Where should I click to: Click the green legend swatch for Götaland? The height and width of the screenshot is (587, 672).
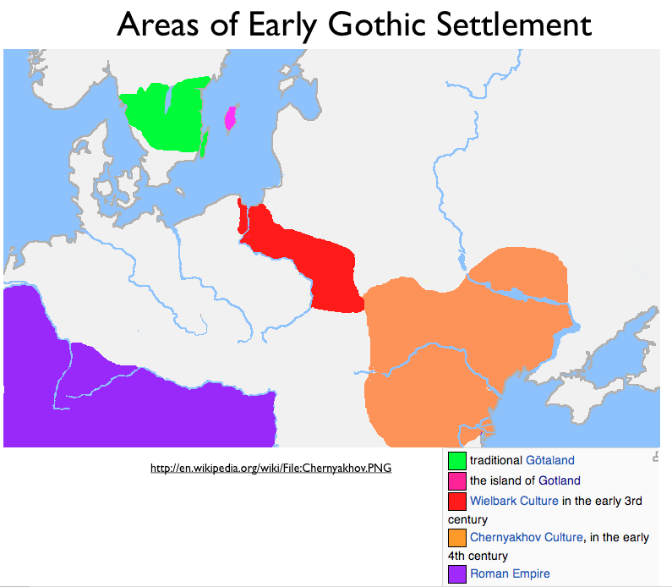click(457, 461)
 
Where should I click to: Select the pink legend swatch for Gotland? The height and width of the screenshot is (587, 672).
click(457, 480)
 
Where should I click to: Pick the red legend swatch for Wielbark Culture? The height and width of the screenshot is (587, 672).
click(457, 500)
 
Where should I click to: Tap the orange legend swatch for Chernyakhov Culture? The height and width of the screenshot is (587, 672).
click(457, 537)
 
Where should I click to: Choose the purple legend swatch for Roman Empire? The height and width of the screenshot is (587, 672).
click(457, 573)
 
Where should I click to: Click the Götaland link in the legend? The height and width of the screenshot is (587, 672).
click(549, 461)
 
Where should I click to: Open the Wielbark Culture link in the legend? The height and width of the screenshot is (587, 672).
click(514, 501)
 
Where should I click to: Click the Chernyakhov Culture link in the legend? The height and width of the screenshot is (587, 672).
click(526, 537)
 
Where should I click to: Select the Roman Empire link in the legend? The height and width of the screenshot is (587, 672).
click(510, 573)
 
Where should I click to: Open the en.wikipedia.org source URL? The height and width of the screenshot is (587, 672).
click(270, 468)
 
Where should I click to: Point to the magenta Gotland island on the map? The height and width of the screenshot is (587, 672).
click(229, 118)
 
